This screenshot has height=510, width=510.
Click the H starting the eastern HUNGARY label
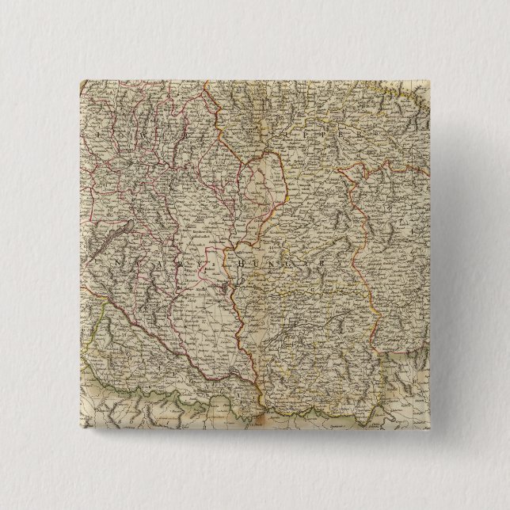[x=234, y=258]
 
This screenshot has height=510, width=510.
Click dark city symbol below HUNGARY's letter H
[x=233, y=277]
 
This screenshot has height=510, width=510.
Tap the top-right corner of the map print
[x=433, y=79]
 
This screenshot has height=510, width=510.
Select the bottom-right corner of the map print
[x=433, y=432]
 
